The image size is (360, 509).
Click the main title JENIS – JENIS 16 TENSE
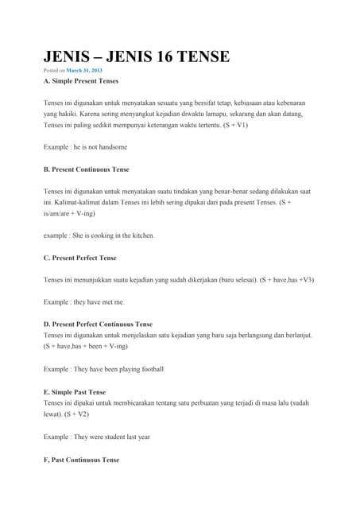point(136,56)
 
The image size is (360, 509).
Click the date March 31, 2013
point(84,72)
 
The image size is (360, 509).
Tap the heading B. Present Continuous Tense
point(87,169)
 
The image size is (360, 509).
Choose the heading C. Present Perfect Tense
point(79,258)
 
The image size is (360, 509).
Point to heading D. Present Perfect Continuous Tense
point(98,324)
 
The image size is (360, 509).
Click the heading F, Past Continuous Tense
point(81,460)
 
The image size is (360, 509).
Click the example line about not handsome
point(85,147)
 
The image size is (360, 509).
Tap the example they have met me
point(83,302)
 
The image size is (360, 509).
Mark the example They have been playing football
point(103,370)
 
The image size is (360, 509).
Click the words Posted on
point(54,72)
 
